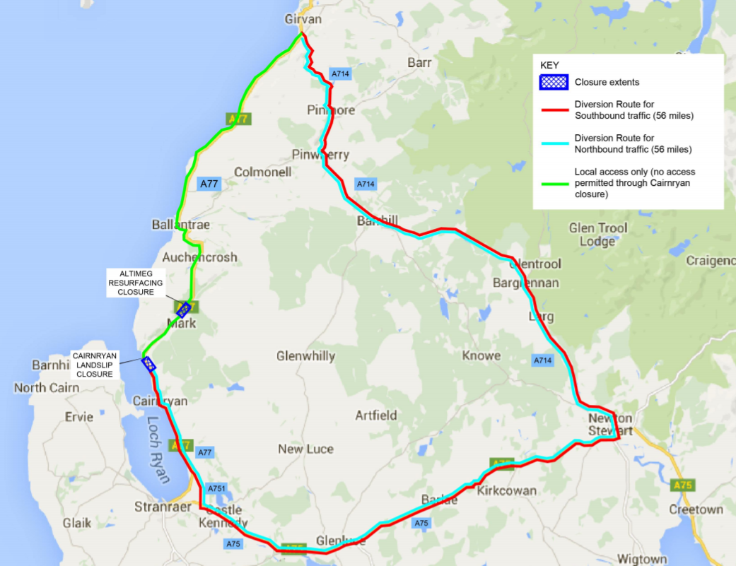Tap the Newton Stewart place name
[611, 424]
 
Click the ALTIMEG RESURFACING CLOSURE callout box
[136, 283]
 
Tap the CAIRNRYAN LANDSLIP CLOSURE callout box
[95, 365]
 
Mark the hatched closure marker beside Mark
[184, 309]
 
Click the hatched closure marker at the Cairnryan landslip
[149, 364]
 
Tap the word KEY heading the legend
[549, 65]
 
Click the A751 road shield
[216, 489]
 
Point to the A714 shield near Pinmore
[339, 73]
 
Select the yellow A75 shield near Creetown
[682, 485]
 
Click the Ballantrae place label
[181, 225]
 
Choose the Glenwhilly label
[306, 356]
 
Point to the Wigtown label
[642, 559]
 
